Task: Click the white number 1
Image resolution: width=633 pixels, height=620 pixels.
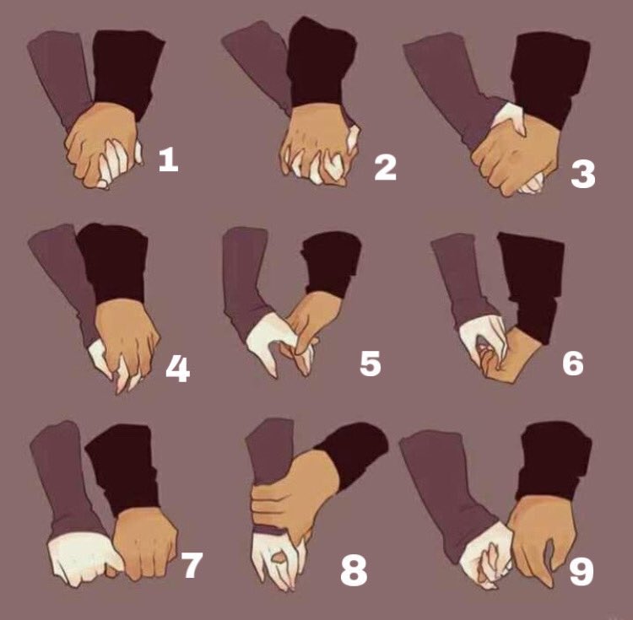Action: click(x=168, y=159)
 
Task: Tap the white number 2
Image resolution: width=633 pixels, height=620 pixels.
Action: click(x=385, y=168)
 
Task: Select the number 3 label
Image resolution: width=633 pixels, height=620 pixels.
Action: click(x=582, y=175)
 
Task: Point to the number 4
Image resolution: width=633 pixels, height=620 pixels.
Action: click(x=177, y=369)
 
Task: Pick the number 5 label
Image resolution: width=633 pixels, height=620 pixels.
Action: click(x=370, y=364)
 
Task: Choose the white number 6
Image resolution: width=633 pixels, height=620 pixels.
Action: click(x=572, y=363)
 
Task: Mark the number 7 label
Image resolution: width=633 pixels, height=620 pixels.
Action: click(x=192, y=566)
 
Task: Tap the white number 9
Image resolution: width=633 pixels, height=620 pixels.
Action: click(x=582, y=572)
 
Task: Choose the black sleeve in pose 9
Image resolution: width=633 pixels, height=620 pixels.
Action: click(x=553, y=460)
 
